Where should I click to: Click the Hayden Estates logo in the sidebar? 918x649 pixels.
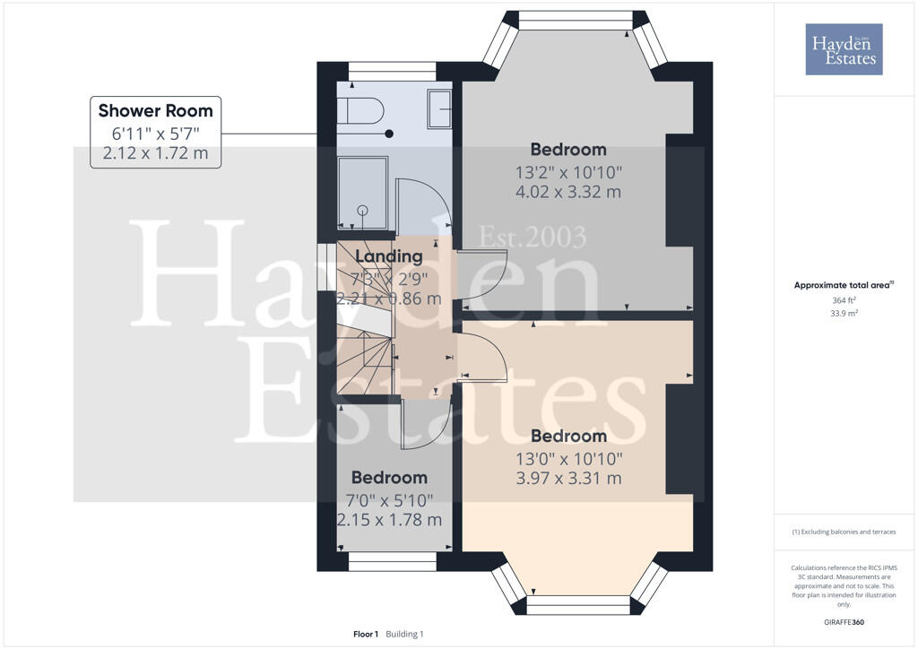(844, 49)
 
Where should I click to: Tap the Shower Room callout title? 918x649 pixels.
(155, 111)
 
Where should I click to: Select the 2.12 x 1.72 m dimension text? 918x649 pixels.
(155, 153)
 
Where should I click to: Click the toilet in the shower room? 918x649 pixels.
(360, 111)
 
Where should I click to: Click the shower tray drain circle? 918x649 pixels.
(363, 210)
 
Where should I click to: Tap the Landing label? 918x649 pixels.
(387, 256)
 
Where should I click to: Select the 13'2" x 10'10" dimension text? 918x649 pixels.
(567, 171)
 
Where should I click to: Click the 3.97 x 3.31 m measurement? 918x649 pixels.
(567, 479)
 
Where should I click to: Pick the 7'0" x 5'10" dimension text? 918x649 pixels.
(389, 499)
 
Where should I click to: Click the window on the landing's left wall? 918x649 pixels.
(323, 265)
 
